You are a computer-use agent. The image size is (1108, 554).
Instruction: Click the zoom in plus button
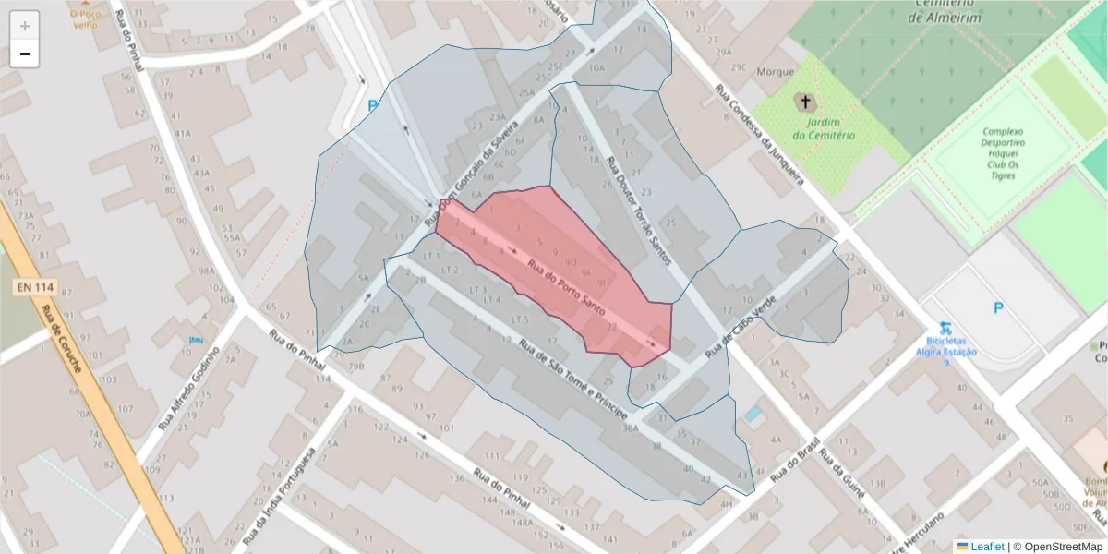[x=25, y=25]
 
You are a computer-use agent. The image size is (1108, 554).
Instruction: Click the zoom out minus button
[x=25, y=54]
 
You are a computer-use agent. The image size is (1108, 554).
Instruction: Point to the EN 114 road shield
[x=34, y=287]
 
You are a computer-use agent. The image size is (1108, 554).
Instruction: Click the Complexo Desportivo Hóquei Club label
[x=1003, y=153]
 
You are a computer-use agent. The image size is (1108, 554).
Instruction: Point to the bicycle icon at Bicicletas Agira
[x=945, y=328]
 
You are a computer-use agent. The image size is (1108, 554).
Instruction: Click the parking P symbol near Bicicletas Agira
[x=997, y=308]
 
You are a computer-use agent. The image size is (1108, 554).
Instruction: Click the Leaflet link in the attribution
[x=980, y=546]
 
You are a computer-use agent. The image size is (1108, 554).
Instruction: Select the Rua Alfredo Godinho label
[x=188, y=389]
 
